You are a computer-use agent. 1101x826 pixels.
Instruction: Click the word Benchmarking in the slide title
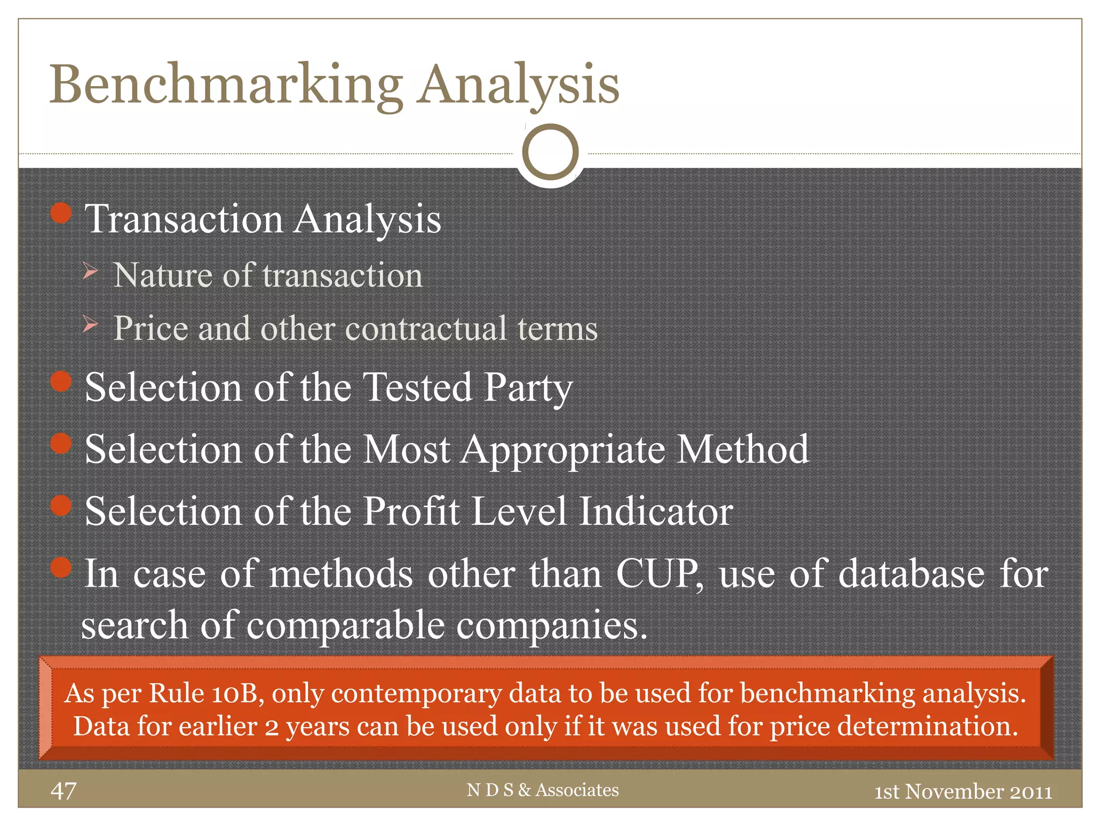tap(226, 85)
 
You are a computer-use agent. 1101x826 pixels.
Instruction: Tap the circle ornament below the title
tap(550, 152)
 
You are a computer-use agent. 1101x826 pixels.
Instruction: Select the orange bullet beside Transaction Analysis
tap(61, 213)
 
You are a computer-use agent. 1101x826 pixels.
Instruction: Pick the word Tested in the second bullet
tap(418, 387)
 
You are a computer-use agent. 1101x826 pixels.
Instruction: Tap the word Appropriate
tap(562, 450)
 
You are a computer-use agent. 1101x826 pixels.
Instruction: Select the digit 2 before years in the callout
tap(271, 727)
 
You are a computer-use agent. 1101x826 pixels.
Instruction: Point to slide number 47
tap(63, 791)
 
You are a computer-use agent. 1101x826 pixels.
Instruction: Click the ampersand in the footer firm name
tap(524, 790)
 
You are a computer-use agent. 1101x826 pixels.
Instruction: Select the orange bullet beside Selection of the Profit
tap(61, 505)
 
